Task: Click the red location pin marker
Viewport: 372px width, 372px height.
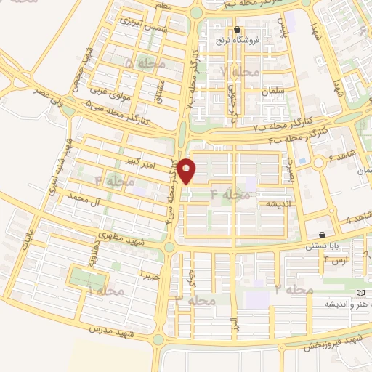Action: tap(187, 171)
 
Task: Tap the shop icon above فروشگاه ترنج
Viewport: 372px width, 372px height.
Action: tap(237, 31)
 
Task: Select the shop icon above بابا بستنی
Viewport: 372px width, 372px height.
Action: tap(322, 235)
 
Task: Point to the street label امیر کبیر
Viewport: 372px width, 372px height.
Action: tap(141, 159)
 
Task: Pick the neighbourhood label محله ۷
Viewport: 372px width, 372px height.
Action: tap(234, 70)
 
